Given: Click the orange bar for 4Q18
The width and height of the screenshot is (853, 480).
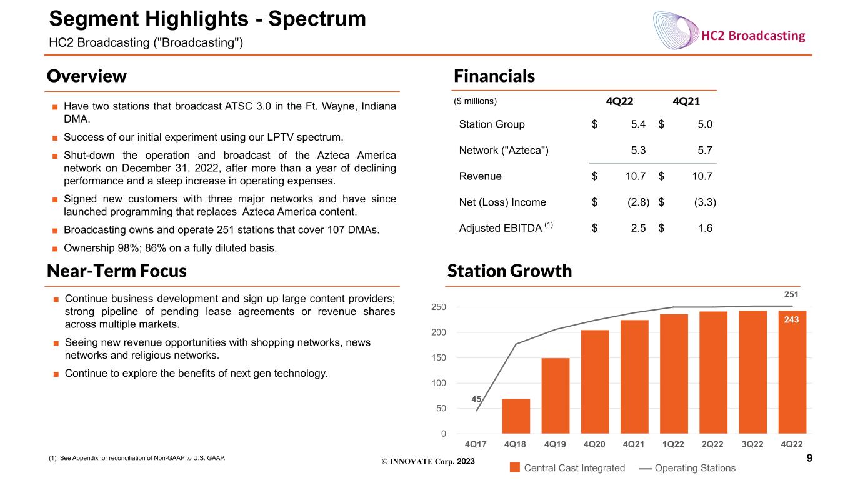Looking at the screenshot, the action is [516, 416].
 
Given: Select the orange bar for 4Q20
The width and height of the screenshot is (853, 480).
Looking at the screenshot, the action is [595, 382].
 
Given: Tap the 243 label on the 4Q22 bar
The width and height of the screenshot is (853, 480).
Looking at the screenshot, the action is [791, 319].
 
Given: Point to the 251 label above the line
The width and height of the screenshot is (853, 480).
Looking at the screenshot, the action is [791, 294].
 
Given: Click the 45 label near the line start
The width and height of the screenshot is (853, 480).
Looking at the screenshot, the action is [476, 399].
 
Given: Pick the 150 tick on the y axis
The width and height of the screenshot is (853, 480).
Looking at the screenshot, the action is [439, 357].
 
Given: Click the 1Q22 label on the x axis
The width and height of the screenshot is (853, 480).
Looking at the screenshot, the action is [673, 444].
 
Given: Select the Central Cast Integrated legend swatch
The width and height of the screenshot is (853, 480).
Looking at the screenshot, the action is [515, 467].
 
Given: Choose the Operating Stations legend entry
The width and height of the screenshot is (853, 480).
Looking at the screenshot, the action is [687, 467].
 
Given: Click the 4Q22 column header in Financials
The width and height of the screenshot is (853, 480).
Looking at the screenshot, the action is [619, 101].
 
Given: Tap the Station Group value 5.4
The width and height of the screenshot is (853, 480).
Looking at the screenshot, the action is [638, 124].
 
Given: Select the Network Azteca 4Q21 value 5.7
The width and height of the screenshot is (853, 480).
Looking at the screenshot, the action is [705, 150].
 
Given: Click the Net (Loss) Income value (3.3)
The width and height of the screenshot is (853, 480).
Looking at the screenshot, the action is [705, 202].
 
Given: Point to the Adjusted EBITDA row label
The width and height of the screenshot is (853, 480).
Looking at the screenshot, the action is [506, 227].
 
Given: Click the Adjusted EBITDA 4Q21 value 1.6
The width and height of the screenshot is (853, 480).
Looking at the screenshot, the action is [705, 228].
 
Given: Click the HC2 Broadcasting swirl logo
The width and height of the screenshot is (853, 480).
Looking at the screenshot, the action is [676, 31].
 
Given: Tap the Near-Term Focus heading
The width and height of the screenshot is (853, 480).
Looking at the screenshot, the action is [116, 271].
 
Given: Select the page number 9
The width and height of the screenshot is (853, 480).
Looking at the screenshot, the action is [809, 458].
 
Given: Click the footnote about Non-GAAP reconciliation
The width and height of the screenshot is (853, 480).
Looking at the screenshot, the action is [137, 458].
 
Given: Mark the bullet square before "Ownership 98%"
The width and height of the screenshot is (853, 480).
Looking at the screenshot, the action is [55, 249].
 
